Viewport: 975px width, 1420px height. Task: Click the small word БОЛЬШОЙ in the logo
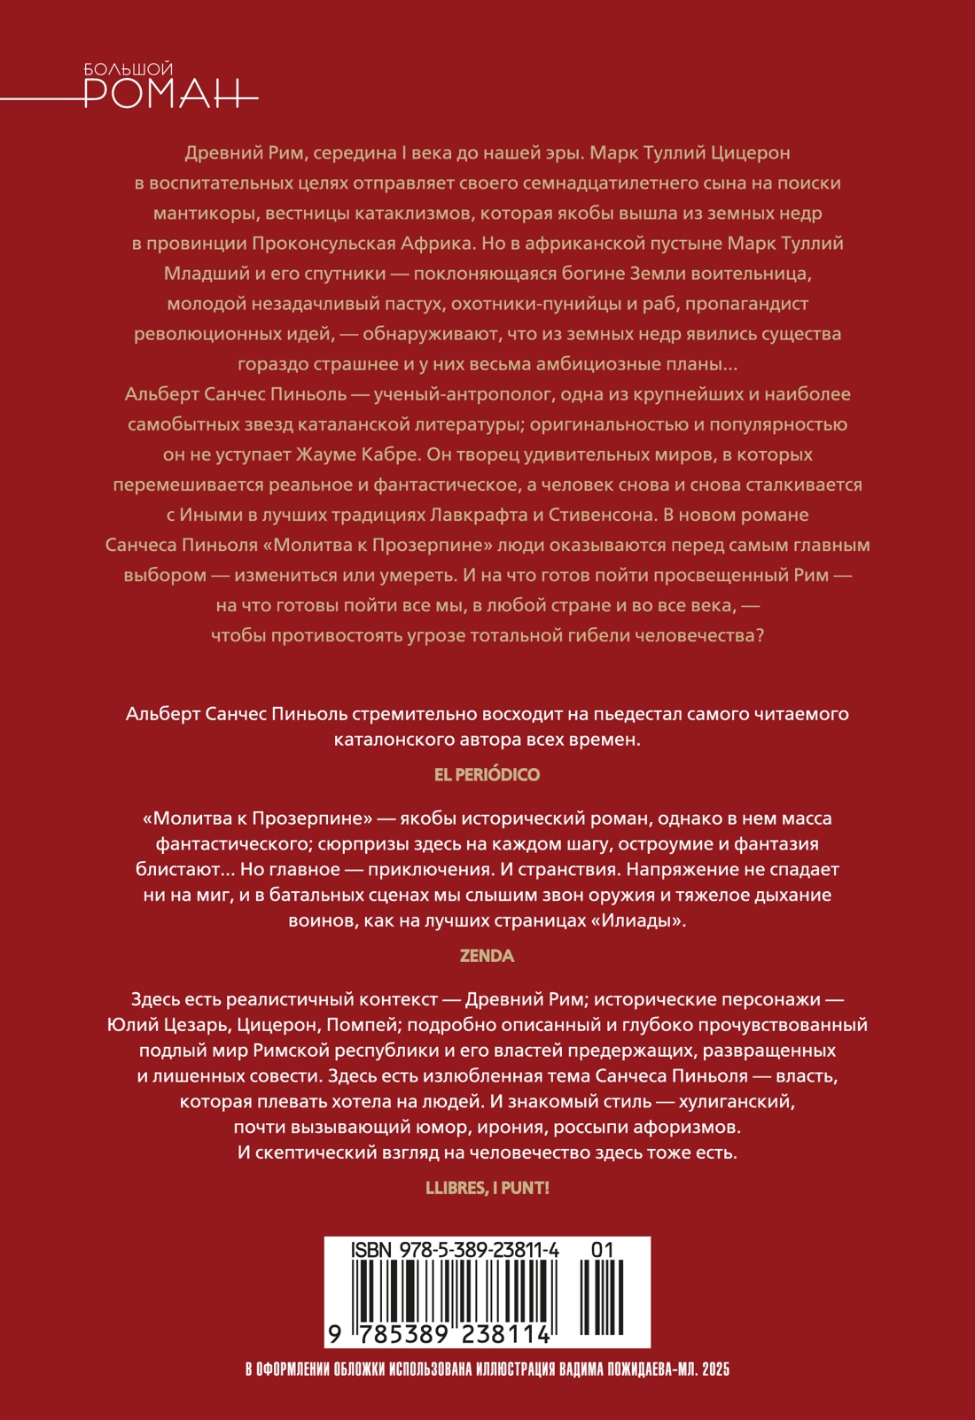coord(128,68)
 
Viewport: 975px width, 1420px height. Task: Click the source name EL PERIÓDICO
coord(487,774)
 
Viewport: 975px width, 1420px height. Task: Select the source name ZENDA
coord(487,956)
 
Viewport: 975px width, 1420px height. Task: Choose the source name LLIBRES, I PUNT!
coord(487,1188)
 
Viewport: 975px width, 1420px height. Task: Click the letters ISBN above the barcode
coord(372,1249)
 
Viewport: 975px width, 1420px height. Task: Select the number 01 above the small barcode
coord(602,1249)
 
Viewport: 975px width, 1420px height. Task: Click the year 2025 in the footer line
coord(714,1370)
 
